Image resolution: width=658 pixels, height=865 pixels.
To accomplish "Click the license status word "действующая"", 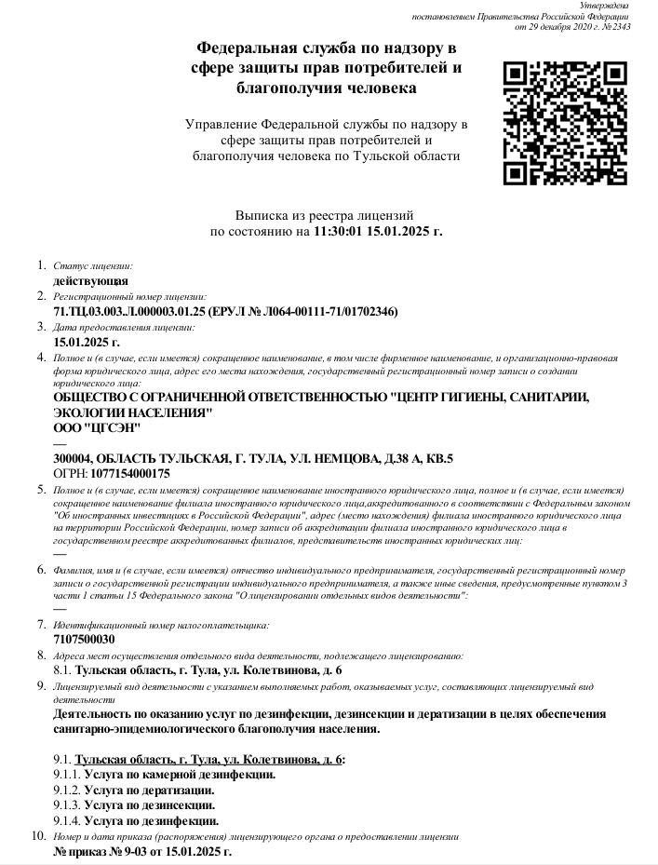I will [x=91, y=280].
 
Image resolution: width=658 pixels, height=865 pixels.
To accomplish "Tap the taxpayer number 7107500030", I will [x=85, y=640].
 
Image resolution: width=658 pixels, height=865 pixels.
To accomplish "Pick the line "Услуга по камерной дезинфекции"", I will [x=179, y=775].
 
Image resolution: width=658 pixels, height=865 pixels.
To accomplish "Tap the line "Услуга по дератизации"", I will [x=149, y=791].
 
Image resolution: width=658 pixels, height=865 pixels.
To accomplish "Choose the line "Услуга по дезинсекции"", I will [x=149, y=805].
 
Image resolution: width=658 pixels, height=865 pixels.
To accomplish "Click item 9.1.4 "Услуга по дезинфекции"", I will [x=151, y=821].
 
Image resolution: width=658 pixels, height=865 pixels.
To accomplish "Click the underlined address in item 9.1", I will [x=208, y=760].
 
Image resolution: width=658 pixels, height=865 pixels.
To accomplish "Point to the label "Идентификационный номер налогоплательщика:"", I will [x=161, y=626].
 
